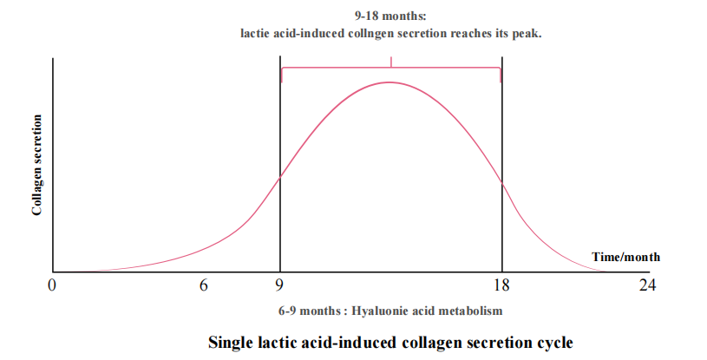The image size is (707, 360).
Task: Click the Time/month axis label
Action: tap(625, 257)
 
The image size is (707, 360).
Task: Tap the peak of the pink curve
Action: tap(390, 82)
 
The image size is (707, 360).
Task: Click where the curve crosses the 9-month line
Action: tap(280, 178)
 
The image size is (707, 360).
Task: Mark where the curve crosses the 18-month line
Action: tap(501, 181)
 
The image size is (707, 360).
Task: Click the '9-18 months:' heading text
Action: tap(390, 16)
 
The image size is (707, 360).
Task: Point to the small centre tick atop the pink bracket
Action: tap(391, 62)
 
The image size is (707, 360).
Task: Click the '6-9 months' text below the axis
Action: tap(309, 310)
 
